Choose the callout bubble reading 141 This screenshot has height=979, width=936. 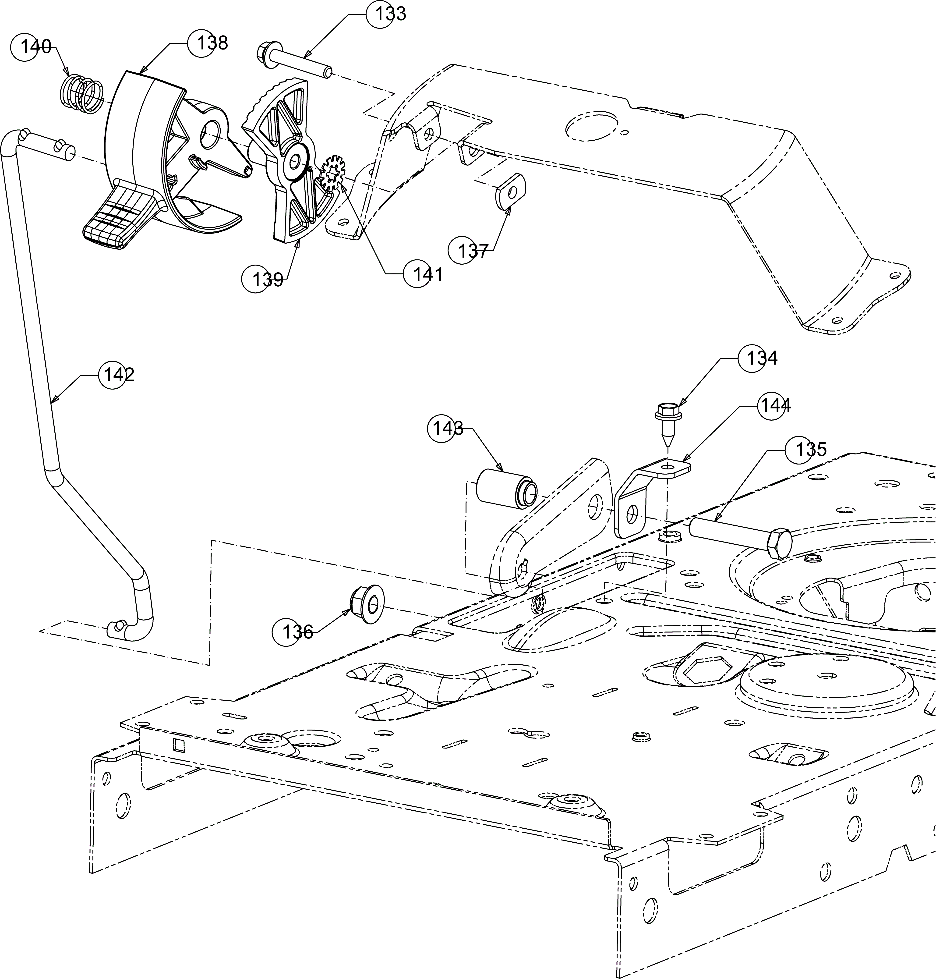click(418, 273)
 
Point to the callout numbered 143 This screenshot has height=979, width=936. click(442, 428)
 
